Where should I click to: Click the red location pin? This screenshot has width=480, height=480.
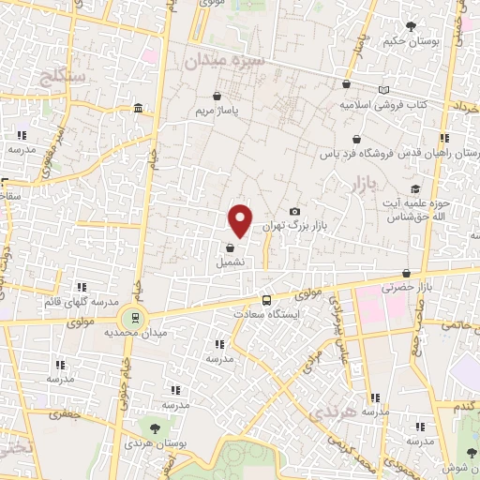(241, 219)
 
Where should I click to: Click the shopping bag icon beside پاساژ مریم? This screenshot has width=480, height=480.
(217, 96)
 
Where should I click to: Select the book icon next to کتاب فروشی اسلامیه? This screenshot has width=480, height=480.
(382, 90)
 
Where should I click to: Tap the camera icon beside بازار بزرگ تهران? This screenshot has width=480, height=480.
(295, 212)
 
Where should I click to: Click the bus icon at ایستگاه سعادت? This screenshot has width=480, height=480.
(267, 301)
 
